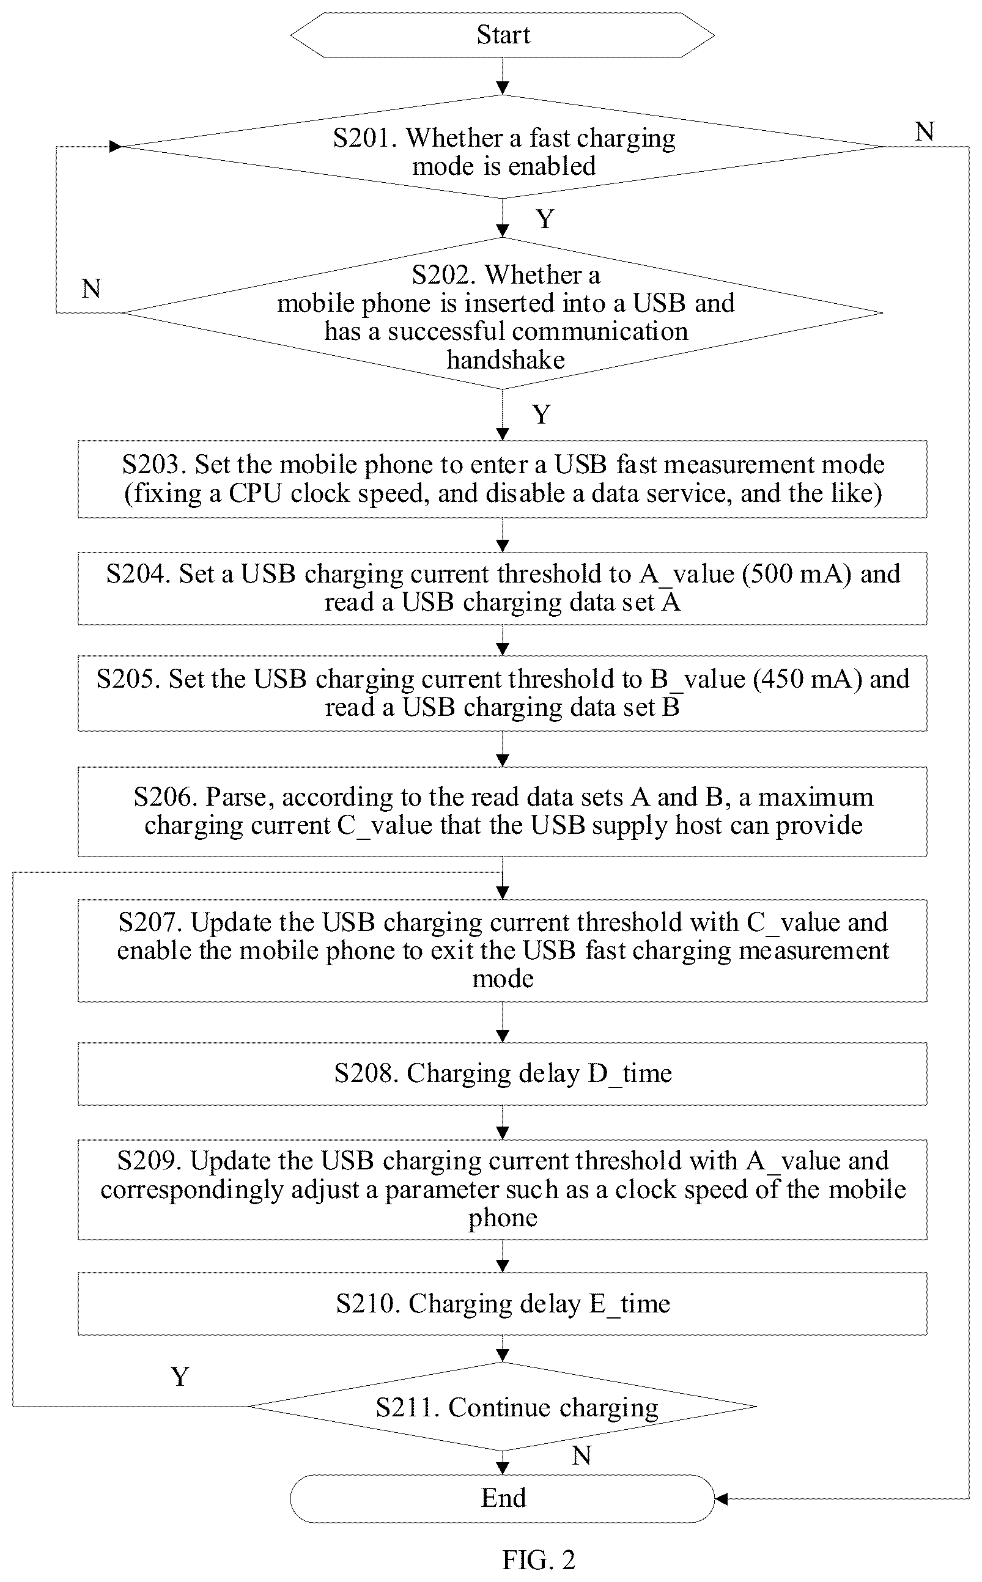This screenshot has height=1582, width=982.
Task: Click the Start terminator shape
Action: point(502,35)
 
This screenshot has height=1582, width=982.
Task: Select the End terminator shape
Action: point(502,1498)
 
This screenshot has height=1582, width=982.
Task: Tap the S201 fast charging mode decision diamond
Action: point(502,147)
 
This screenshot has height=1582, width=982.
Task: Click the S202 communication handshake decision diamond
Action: point(502,313)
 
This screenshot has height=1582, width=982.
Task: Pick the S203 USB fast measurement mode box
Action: point(502,479)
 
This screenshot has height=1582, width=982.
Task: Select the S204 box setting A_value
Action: point(502,588)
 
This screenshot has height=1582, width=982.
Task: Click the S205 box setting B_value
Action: point(502,693)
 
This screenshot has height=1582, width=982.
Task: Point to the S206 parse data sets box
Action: point(502,811)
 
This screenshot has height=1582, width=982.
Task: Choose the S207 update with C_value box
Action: point(502,951)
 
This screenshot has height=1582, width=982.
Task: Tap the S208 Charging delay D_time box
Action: point(502,1073)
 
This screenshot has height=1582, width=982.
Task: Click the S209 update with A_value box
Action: point(502,1190)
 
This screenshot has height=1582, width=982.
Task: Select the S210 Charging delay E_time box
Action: point(502,1303)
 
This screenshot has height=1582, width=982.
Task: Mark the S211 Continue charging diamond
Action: point(502,1407)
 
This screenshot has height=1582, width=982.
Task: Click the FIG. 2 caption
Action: point(539,1560)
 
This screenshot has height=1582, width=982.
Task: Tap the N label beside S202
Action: point(92,289)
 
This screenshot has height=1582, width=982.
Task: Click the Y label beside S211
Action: point(180,1376)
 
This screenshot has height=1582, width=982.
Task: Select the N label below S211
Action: point(581,1455)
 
